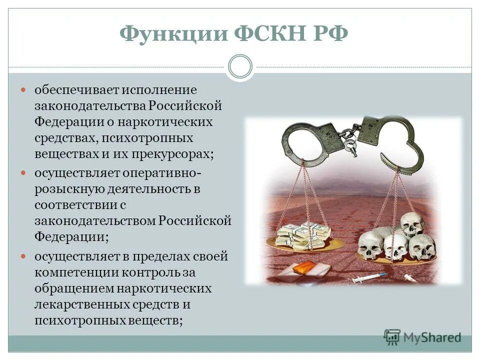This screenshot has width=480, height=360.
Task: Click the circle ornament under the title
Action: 240,67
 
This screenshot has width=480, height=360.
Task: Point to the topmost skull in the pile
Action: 412,223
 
